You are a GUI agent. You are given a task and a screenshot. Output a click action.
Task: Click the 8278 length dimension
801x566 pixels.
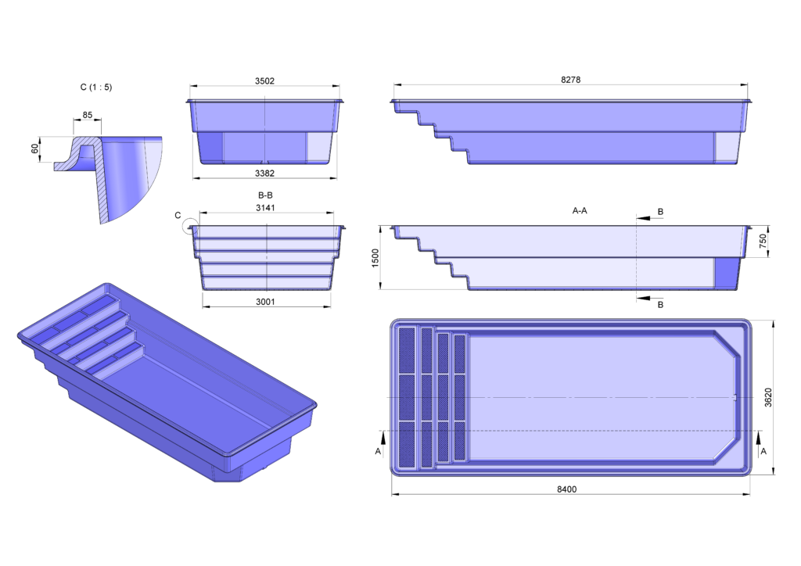570,79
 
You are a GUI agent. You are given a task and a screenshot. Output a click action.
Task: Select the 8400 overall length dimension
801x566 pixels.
567,489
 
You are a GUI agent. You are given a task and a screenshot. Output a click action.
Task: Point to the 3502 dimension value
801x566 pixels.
264,81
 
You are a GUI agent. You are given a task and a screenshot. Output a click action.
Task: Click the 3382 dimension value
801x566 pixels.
264,173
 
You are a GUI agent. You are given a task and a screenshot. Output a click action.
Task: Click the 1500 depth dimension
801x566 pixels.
376,258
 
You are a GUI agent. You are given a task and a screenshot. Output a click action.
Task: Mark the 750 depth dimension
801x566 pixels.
763,242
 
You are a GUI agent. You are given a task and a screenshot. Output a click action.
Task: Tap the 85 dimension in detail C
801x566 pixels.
87,116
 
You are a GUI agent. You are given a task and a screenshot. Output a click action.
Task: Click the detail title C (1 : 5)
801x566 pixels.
96,87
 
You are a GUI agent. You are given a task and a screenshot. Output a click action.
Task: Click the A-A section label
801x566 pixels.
580,210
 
